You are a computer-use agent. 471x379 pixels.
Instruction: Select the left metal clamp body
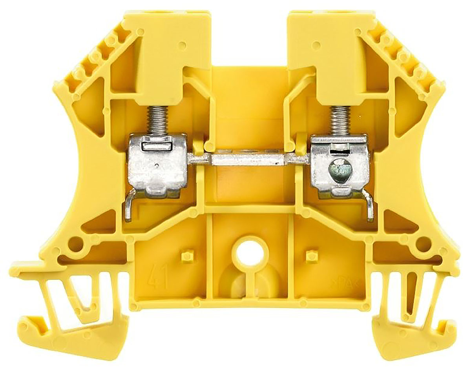click(x=157, y=165)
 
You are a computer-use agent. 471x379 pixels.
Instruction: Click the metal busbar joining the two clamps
click(x=247, y=160)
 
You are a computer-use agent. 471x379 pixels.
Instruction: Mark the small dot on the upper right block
click(x=314, y=44)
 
